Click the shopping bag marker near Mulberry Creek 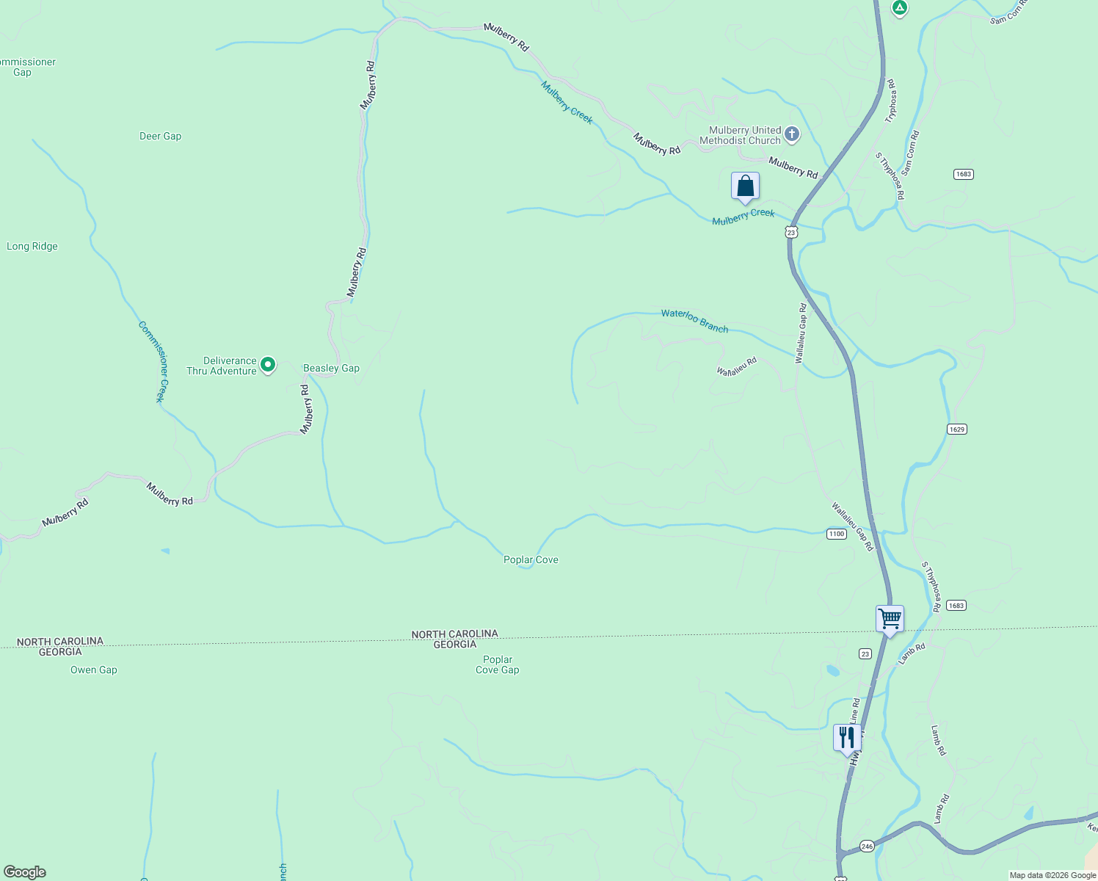[x=745, y=186]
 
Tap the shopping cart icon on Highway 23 [x=890, y=619]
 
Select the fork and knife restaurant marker [x=847, y=737]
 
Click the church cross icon [x=791, y=134]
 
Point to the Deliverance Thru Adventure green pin [x=268, y=364]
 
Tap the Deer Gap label [x=160, y=136]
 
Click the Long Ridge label [x=32, y=247]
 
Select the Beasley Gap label [x=332, y=369]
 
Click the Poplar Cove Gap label [x=498, y=664]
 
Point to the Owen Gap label [x=94, y=670]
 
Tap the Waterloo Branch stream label [x=694, y=321]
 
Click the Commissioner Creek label [x=153, y=362]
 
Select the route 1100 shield [x=837, y=534]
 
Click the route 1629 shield [x=956, y=429]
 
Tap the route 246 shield [x=867, y=846]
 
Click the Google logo [x=25, y=872]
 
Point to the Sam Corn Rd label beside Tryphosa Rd [x=910, y=153]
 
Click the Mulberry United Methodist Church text [x=740, y=135]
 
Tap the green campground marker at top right [x=900, y=8]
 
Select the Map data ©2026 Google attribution [x=1052, y=875]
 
